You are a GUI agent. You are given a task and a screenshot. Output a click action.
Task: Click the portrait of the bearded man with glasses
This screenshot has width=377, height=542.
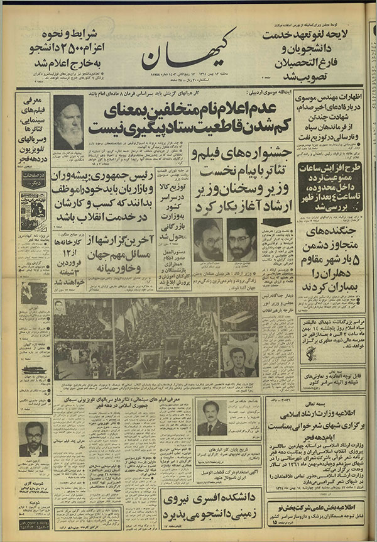33,438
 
